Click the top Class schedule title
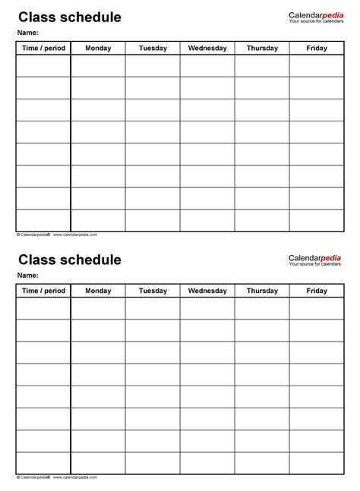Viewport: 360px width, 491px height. (70, 17)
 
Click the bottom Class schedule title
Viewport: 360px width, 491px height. (70, 260)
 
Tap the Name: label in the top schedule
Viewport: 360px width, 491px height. (28, 33)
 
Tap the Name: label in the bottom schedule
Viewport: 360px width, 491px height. (28, 275)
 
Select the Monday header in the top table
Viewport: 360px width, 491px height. (98, 49)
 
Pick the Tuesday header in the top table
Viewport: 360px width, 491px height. (153, 49)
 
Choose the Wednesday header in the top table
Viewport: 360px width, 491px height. (207, 49)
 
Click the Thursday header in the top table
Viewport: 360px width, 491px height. (262, 49)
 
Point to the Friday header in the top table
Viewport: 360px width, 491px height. (317, 49)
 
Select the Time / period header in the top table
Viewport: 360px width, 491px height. (43, 49)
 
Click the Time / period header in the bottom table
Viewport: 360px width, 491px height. (43, 291)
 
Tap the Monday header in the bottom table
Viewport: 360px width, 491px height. (98, 291)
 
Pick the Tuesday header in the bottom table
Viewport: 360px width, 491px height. (153, 291)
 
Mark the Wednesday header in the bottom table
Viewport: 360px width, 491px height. (207, 291)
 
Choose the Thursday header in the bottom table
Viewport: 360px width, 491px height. (262, 291)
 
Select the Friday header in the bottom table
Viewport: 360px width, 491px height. (317, 291)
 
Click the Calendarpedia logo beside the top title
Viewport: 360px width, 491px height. (314, 17)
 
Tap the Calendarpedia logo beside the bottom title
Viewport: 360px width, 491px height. (314, 260)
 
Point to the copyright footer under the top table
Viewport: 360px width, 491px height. (57, 234)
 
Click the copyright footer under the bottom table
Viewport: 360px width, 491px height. (57, 477)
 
